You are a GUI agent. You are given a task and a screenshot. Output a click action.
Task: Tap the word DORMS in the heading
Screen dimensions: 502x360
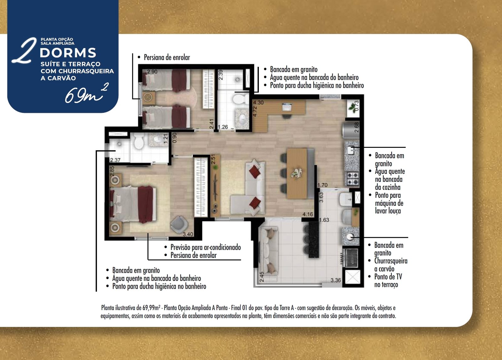pyautogui.click(x=68, y=53)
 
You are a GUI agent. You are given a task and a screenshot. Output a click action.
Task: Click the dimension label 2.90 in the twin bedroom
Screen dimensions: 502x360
pyautogui.click(x=152, y=72)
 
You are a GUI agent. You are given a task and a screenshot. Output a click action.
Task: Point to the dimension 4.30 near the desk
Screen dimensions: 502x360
pyautogui.click(x=259, y=103)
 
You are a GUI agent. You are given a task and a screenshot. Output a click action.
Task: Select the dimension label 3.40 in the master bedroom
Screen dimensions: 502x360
pyautogui.click(x=188, y=234)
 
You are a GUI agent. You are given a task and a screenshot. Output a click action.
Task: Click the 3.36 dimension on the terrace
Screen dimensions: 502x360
pyautogui.click(x=336, y=280)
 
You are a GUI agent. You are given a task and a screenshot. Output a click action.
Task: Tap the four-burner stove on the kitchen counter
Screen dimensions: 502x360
pyautogui.click(x=353, y=179)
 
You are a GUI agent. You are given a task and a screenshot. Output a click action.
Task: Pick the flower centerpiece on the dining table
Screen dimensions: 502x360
pyautogui.click(x=297, y=173)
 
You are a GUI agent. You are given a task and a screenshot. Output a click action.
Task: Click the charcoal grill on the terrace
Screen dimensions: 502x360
pyautogui.click(x=350, y=258)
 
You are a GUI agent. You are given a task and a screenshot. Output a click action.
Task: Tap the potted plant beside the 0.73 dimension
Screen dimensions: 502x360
pyautogui.click(x=352, y=108)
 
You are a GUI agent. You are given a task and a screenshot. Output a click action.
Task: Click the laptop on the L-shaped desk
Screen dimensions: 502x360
pyautogui.click(x=287, y=107)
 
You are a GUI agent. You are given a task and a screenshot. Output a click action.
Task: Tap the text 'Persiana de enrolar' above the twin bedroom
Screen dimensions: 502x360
pyautogui.click(x=167, y=58)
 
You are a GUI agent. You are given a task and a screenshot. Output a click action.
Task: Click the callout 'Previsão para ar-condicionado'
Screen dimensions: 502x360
pyautogui.click(x=206, y=247)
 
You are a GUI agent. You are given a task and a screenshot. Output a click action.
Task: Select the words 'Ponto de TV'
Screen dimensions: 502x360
pyautogui.click(x=388, y=277)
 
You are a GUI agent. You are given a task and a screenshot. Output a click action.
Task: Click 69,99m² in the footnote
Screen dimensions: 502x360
pyautogui.click(x=151, y=308)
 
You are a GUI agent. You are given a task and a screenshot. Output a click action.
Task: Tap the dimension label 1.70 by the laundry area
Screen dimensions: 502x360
pyautogui.click(x=322, y=185)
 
